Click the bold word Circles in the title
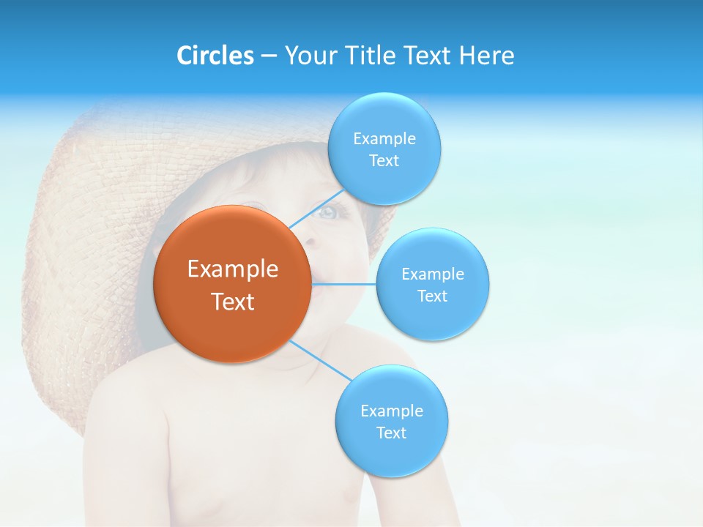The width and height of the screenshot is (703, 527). tap(215, 56)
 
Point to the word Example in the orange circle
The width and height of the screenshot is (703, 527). tap(233, 269)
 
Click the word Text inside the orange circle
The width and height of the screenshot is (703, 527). tap(233, 302)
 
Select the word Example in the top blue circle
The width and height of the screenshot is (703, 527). tap(384, 139)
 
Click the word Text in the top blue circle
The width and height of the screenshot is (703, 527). tap(384, 161)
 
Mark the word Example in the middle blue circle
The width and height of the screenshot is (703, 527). tap(433, 274)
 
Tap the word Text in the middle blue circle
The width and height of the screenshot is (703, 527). tap(432, 296)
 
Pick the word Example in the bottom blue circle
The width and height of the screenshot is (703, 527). tap(392, 411)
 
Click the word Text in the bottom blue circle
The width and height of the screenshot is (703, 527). tap(391, 433)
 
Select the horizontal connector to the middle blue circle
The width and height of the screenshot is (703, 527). tap(344, 284)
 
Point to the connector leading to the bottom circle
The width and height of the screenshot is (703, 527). tap(320, 360)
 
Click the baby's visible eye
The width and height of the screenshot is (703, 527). tap(327, 213)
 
